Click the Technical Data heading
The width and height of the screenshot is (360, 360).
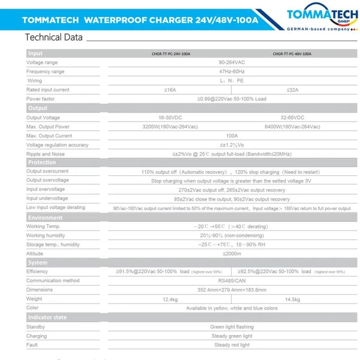[x=54, y=37]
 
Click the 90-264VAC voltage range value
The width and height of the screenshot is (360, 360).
[x=231, y=63]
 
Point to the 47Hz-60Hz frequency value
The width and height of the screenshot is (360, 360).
[x=231, y=72]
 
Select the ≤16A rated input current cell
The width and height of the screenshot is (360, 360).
[x=170, y=90]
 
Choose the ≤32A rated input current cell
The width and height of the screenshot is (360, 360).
[x=292, y=90]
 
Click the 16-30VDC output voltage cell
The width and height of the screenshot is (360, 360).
[x=170, y=117]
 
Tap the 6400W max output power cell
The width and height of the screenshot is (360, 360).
[x=292, y=126]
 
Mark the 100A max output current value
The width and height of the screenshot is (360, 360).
[x=231, y=136]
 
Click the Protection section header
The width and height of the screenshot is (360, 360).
[x=42, y=162]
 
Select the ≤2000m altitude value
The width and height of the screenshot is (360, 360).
[x=231, y=253]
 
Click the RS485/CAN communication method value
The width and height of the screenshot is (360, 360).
[x=231, y=280]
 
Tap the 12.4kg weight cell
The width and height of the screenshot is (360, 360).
[x=170, y=299]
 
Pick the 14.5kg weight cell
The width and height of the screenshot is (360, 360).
[x=292, y=299]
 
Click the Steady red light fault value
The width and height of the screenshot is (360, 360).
[x=231, y=345]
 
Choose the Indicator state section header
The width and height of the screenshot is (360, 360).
[x=47, y=317]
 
